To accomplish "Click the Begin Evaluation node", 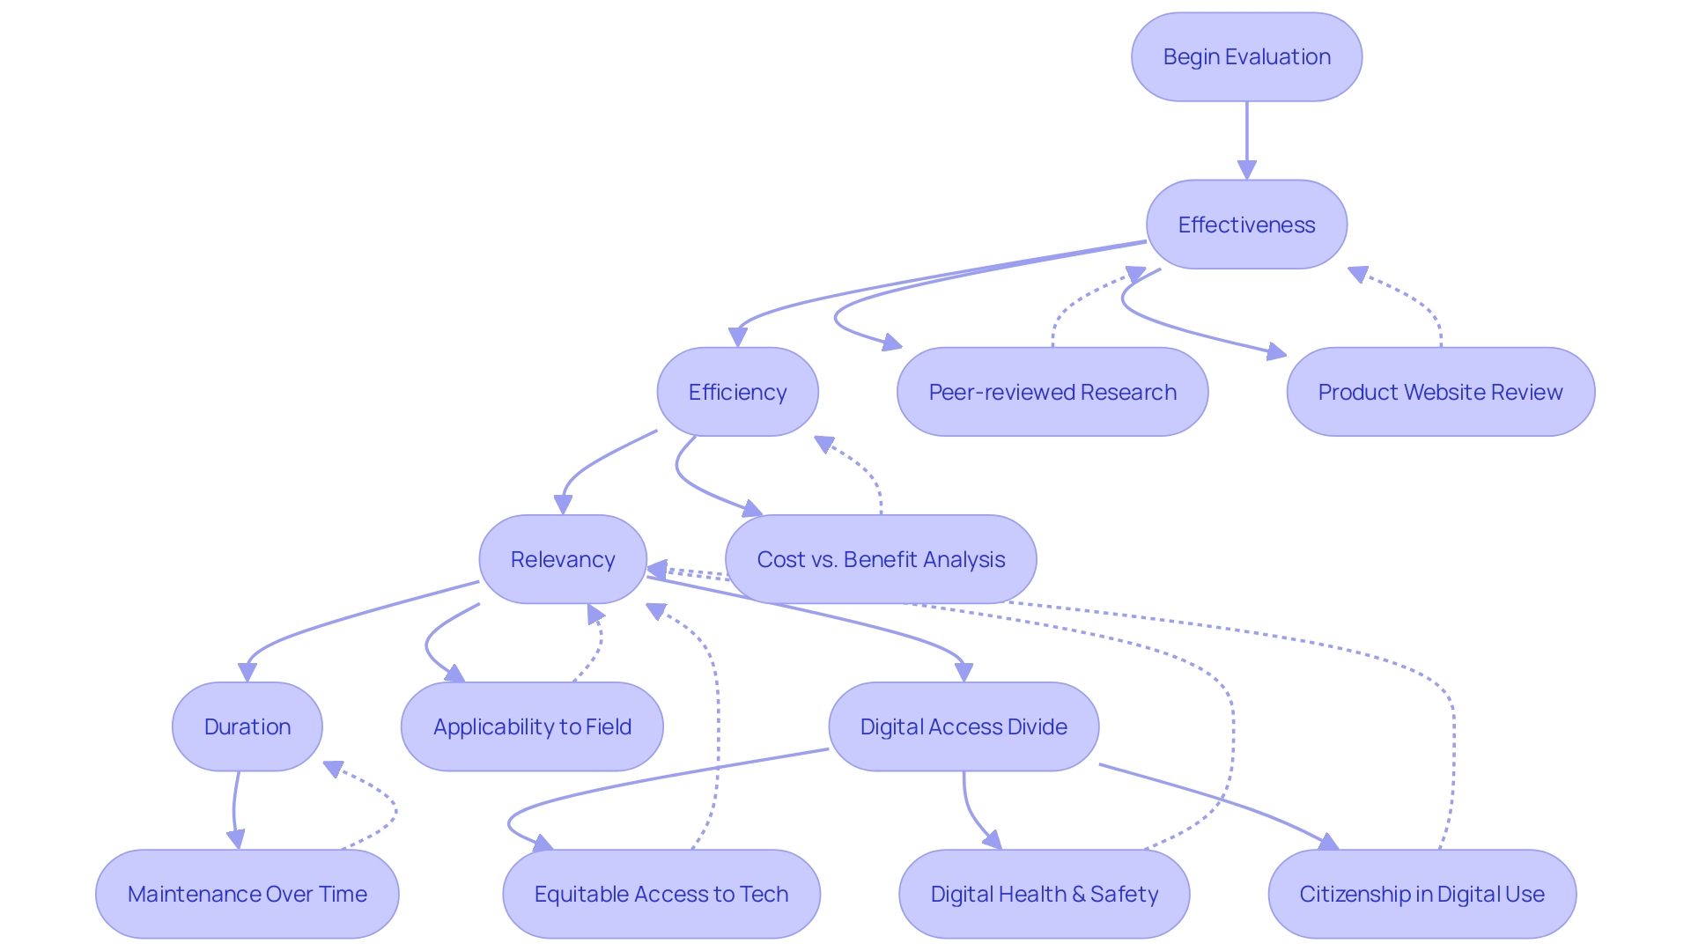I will click(x=1246, y=57).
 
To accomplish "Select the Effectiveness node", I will click(x=1246, y=225).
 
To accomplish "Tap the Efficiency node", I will click(x=737, y=392).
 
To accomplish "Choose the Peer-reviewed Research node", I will click(x=1052, y=392).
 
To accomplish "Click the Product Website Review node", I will click(x=1440, y=392).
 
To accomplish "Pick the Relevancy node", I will click(x=563, y=559).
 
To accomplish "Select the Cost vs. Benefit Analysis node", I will click(x=881, y=559).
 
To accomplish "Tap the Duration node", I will click(x=247, y=726).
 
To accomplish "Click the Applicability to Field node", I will click(x=532, y=726).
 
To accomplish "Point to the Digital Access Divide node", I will click(x=964, y=726).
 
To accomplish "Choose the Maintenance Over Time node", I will click(x=247, y=894).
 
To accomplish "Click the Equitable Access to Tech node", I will click(x=661, y=894).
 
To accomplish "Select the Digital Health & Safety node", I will click(x=1044, y=894).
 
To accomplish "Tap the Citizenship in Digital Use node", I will click(x=1421, y=894).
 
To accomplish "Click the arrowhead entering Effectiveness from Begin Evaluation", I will click(x=1246, y=170).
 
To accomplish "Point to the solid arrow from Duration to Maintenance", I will click(x=234, y=810).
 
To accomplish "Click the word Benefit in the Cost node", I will click(x=880, y=559).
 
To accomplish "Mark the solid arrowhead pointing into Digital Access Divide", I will click(x=964, y=672).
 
